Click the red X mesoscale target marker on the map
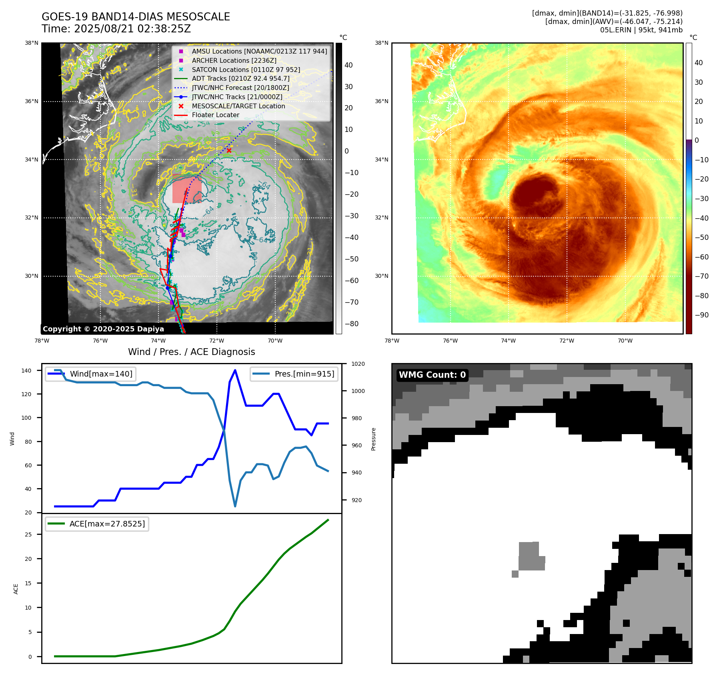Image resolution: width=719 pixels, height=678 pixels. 229,151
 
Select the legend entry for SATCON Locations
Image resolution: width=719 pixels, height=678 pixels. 246,70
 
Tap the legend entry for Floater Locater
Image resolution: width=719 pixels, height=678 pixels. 215,115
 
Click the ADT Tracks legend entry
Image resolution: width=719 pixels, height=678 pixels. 240,79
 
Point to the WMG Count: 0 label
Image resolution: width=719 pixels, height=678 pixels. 432,375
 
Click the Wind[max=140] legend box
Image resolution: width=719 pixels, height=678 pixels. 90,374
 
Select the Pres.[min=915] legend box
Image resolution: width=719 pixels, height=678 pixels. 294,374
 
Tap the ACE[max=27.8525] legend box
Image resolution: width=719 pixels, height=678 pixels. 97,524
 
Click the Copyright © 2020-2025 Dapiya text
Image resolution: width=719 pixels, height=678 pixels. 103,329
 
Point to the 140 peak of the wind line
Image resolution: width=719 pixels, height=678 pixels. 235,370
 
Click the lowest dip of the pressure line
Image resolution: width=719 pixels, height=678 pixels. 235,506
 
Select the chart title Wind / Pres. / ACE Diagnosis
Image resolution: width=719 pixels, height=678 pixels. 191,352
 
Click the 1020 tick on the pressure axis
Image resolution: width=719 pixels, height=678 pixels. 358,364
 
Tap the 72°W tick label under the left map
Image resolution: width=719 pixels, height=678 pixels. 216,341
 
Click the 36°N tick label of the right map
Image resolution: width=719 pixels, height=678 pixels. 381,102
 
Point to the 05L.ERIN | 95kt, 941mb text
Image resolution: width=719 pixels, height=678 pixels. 641,30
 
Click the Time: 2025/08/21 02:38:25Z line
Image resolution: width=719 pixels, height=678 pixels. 116,29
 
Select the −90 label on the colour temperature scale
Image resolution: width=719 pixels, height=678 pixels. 701,315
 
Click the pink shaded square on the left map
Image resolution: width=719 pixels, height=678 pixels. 186,189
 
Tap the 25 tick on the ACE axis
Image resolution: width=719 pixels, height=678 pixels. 28,534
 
